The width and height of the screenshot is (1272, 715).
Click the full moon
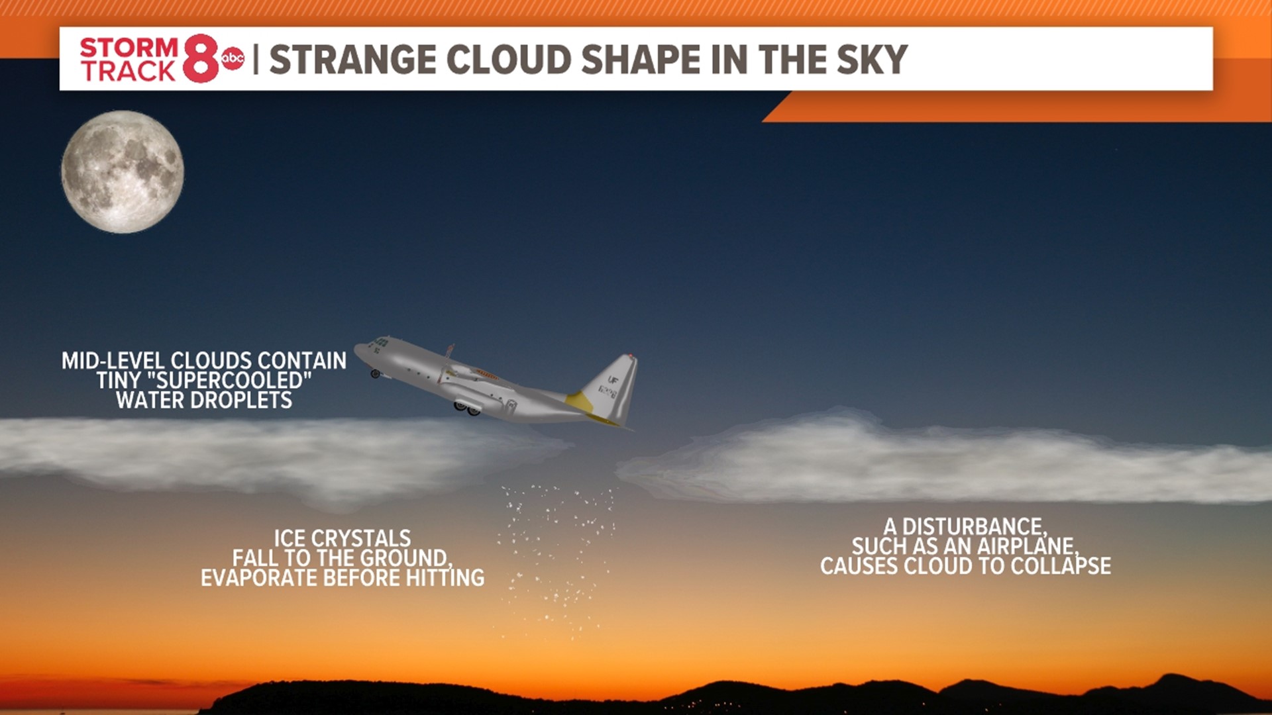click(123, 171)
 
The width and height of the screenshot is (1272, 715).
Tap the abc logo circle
click(233, 59)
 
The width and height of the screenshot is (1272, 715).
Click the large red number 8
click(200, 59)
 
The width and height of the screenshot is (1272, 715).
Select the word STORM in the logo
click(129, 48)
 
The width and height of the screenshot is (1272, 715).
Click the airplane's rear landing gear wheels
click(466, 409)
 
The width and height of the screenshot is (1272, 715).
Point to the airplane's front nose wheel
click(376, 374)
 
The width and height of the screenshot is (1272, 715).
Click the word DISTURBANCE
click(974, 527)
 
